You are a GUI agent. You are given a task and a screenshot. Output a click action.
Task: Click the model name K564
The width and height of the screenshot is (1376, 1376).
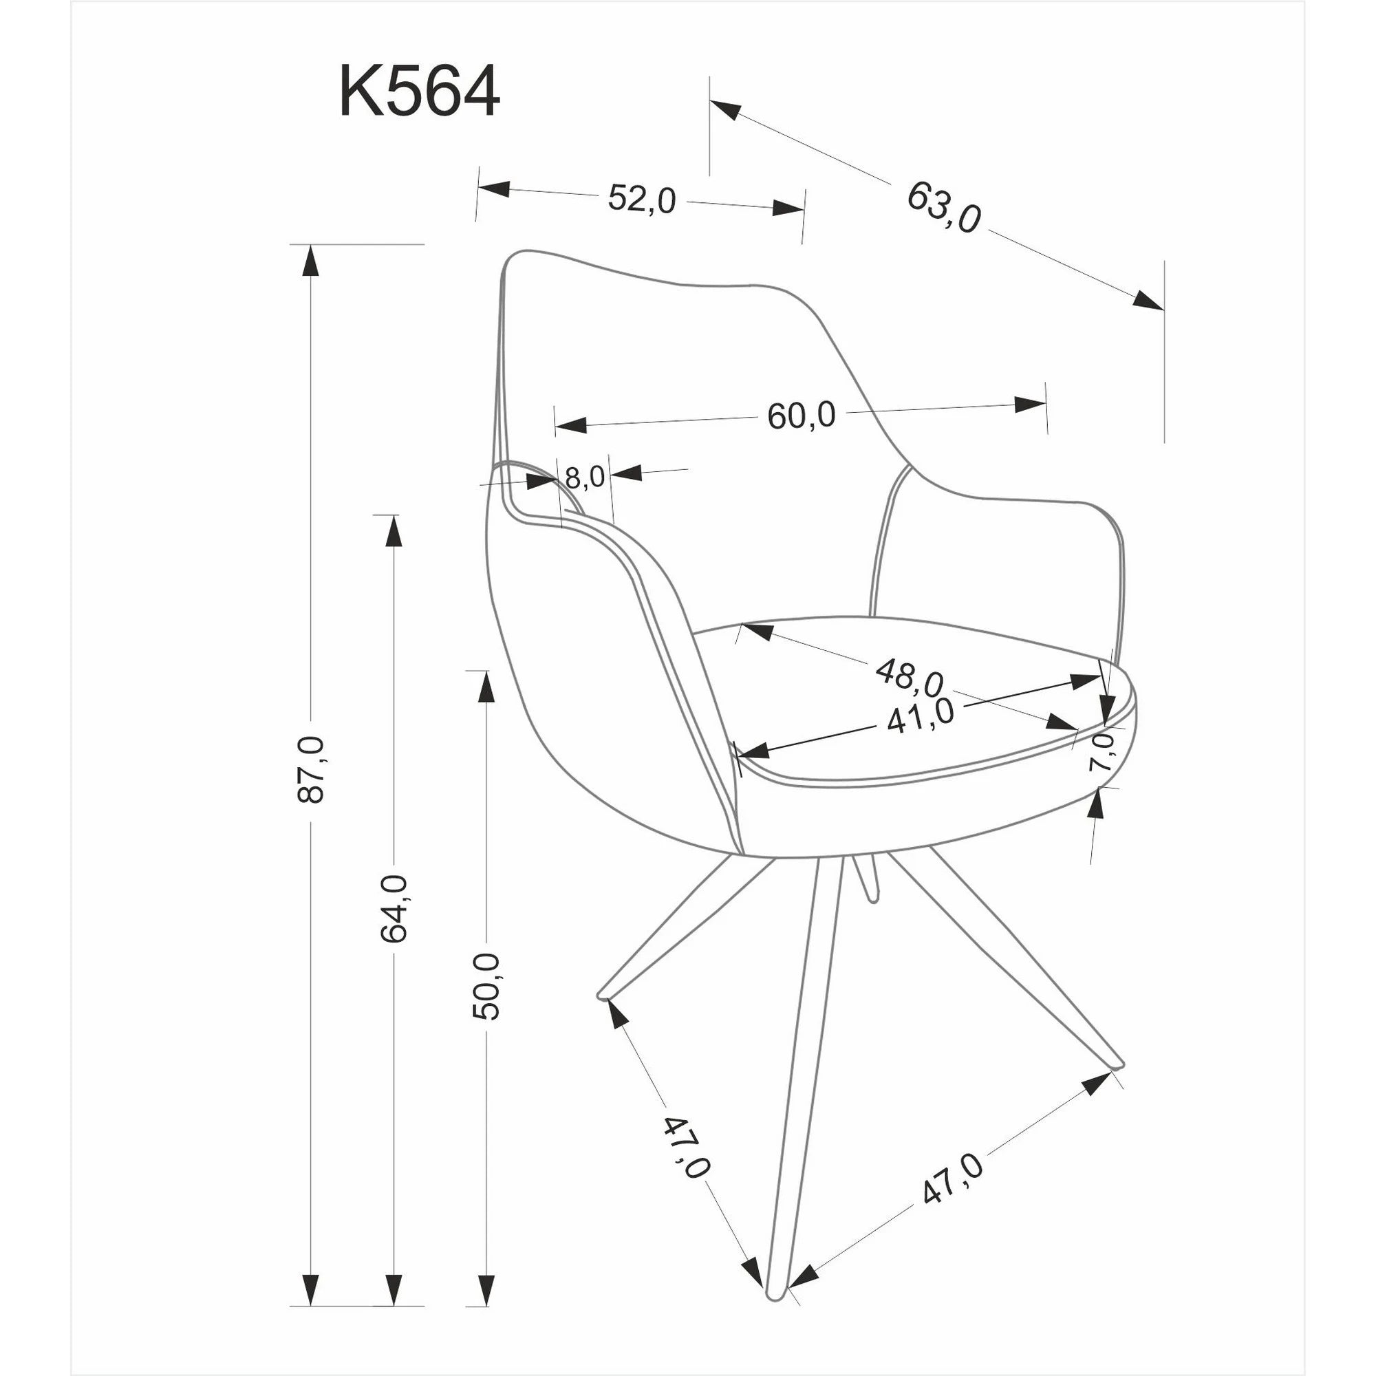[419, 92]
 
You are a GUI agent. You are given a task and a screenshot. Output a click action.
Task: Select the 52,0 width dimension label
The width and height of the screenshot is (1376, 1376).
[642, 200]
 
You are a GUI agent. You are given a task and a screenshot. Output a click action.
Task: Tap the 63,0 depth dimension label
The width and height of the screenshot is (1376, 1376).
[944, 207]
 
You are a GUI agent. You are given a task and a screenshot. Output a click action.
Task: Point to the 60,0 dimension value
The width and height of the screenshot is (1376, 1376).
[802, 416]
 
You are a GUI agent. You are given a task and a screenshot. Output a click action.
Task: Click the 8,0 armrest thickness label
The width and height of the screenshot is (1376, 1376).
[585, 478]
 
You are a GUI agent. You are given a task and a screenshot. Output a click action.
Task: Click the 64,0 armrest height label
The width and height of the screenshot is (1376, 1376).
[393, 909]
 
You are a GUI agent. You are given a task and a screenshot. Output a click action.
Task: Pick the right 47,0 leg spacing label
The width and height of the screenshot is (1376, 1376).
[952, 1179]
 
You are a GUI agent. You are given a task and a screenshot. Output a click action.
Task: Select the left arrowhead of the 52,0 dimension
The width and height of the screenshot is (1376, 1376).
[493, 189]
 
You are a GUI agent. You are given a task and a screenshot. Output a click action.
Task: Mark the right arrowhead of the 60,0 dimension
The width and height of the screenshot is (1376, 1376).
[1030, 405]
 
